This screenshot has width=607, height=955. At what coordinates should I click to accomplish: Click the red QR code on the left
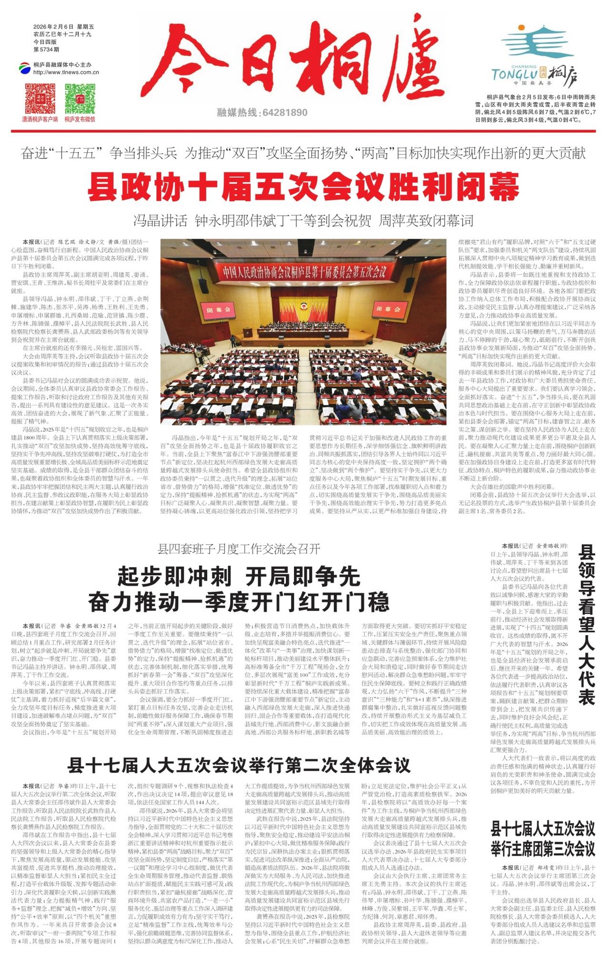(40, 98)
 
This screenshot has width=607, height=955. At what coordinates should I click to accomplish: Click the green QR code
(80, 98)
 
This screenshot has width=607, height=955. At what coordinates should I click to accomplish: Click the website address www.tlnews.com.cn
(66, 73)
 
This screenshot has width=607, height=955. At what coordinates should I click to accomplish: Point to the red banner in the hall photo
(304, 272)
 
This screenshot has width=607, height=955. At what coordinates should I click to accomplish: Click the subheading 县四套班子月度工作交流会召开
(239, 549)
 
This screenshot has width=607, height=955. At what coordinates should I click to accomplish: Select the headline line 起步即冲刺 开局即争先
(239, 577)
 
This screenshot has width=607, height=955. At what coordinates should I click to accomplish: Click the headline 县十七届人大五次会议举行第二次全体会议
(239, 765)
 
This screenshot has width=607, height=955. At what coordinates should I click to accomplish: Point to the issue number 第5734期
(46, 49)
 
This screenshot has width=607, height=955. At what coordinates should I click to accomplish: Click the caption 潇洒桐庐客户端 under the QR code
(40, 119)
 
